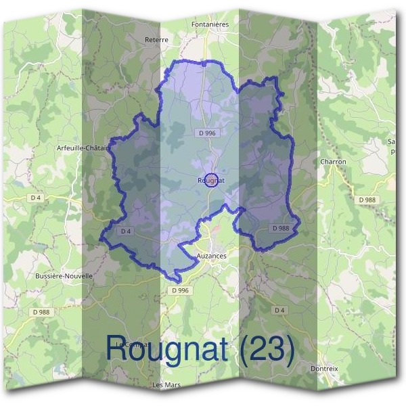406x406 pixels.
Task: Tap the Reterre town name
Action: click(x=156, y=40)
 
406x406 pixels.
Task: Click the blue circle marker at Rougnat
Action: click(x=212, y=180)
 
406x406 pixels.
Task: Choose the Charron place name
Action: click(x=333, y=162)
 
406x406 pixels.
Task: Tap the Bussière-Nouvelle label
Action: click(x=63, y=276)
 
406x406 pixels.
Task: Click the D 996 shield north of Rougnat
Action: click(x=207, y=134)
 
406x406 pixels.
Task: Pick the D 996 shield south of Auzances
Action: click(x=180, y=290)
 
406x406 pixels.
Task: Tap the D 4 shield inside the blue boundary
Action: click(x=125, y=231)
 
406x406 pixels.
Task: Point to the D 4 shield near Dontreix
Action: click(x=279, y=309)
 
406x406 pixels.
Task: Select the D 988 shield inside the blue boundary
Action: click(x=281, y=229)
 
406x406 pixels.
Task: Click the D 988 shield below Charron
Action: click(x=367, y=200)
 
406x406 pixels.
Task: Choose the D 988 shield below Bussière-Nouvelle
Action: click(x=41, y=312)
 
